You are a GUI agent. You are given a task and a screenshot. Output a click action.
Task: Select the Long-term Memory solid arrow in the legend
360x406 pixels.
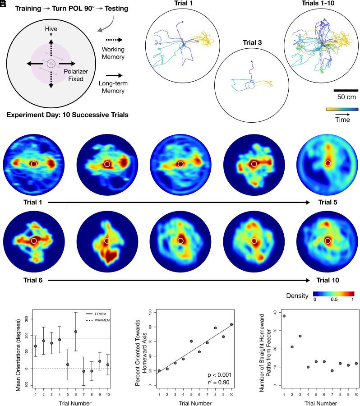(111, 77)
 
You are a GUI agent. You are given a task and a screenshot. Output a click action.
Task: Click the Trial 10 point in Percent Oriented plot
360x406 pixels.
(231, 324)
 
